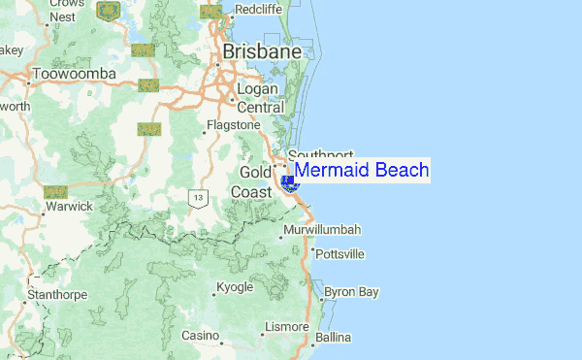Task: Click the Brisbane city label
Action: pyautogui.click(x=261, y=50)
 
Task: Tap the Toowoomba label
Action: pyautogui.click(x=74, y=74)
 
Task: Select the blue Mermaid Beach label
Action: pyautogui.click(x=361, y=171)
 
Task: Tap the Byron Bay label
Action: pyautogui.click(x=351, y=291)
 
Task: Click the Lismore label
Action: pyautogui.click(x=286, y=326)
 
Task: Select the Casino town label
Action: pyautogui.click(x=201, y=336)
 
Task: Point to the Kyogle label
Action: pyautogui.click(x=235, y=287)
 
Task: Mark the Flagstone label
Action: pyautogui.click(x=235, y=125)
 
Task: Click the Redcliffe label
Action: pyautogui.click(x=257, y=10)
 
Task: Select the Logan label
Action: pyautogui.click(x=259, y=90)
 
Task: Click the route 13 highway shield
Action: pyautogui.click(x=198, y=198)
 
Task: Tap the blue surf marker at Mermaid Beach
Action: pyautogui.click(x=287, y=181)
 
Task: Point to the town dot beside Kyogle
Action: pyautogui.click(x=214, y=287)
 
